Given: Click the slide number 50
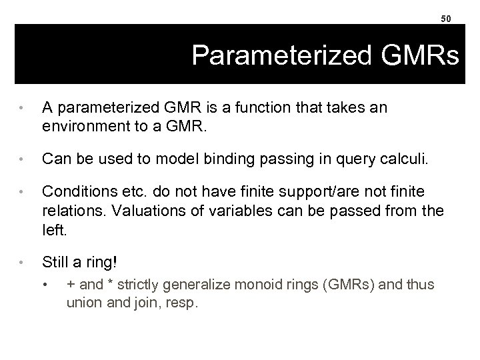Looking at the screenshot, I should (446, 18).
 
